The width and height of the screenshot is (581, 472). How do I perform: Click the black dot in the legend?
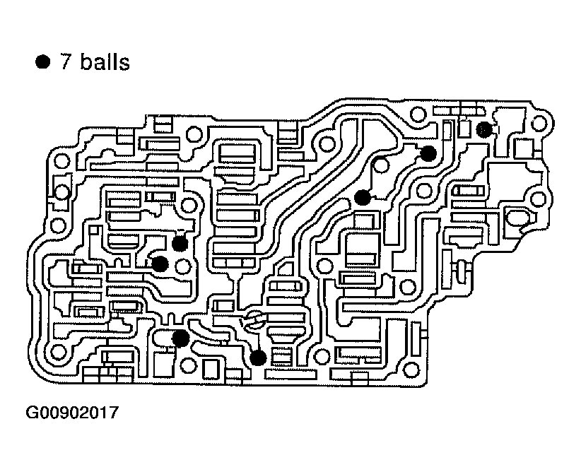[44, 62]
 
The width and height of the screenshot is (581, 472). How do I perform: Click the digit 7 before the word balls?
[67, 62]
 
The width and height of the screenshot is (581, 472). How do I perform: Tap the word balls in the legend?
[105, 62]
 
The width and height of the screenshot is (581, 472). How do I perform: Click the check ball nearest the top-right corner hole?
[483, 129]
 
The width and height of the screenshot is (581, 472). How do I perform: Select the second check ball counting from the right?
[428, 153]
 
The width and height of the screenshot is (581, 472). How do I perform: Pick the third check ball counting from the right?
[363, 198]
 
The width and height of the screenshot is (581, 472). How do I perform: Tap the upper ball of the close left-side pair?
[180, 244]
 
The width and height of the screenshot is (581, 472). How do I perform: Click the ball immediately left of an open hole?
[160, 264]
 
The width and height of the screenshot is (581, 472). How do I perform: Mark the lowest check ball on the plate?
[258, 358]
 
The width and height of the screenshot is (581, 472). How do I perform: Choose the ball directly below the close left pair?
[180, 338]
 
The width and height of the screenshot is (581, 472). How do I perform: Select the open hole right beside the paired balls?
[184, 266]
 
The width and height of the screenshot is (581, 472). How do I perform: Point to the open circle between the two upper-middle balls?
[380, 167]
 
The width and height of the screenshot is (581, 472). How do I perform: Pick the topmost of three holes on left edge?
[62, 161]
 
